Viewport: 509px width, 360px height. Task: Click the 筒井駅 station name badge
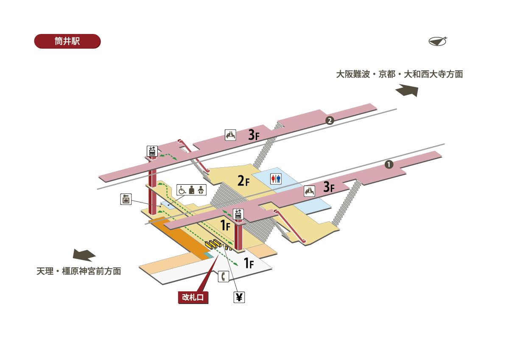[67, 41]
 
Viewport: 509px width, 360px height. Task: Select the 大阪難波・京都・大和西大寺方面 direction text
[399, 74]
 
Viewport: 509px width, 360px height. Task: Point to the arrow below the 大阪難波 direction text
[407, 90]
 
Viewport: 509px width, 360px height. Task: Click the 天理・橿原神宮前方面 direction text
[79, 271]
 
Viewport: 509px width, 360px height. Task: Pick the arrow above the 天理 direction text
[84, 255]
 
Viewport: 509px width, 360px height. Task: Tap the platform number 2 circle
[330, 121]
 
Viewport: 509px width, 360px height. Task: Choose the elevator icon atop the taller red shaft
[152, 151]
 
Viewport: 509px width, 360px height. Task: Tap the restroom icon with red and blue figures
[276, 179]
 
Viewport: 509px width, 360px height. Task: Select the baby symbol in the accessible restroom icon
[201, 190]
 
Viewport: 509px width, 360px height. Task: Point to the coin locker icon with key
[126, 199]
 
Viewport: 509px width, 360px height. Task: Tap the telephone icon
[224, 277]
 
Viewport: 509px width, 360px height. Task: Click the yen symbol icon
[239, 297]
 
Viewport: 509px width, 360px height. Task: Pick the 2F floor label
[243, 182]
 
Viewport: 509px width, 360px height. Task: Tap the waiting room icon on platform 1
[310, 191]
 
